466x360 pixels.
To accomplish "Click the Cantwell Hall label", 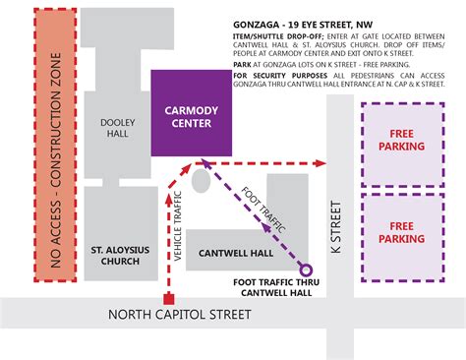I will tap(235, 253).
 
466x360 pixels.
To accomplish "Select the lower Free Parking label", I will tap(407, 231).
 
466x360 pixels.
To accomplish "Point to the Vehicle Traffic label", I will tap(178, 234).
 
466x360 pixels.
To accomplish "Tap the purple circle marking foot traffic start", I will tap(306, 270).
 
